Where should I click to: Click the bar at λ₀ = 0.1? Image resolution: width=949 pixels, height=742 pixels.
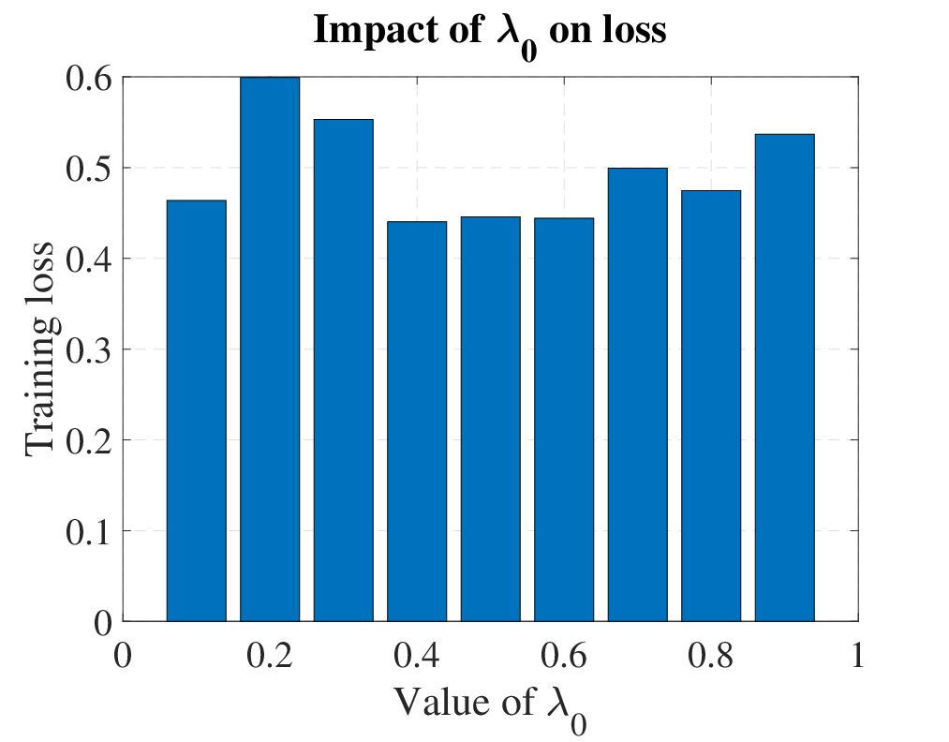coord(197,410)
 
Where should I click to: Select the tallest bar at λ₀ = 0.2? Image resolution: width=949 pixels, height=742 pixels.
coord(270,349)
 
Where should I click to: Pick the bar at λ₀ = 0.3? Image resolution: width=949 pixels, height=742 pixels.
coord(344,370)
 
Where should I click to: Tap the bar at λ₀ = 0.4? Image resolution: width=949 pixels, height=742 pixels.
coord(417,422)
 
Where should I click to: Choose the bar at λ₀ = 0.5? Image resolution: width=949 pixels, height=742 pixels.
coord(491,419)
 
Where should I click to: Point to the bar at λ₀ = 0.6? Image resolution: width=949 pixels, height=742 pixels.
coord(564,420)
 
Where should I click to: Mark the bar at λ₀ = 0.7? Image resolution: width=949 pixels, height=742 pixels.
coord(638,394)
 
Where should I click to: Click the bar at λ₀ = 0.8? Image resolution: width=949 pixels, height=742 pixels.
coord(711,406)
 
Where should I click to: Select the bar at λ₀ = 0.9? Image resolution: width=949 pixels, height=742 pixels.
coord(785,378)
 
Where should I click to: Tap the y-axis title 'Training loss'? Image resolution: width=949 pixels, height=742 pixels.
coord(41,349)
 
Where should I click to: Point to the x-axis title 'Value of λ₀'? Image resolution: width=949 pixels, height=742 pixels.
coord(491,708)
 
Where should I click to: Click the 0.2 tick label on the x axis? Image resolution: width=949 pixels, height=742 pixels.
coord(270,655)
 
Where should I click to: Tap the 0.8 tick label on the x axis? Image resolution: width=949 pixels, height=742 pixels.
coord(711,655)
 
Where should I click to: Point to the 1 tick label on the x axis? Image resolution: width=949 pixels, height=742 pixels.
coord(857,655)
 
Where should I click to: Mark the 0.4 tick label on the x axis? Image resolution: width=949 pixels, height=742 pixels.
coord(417,655)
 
